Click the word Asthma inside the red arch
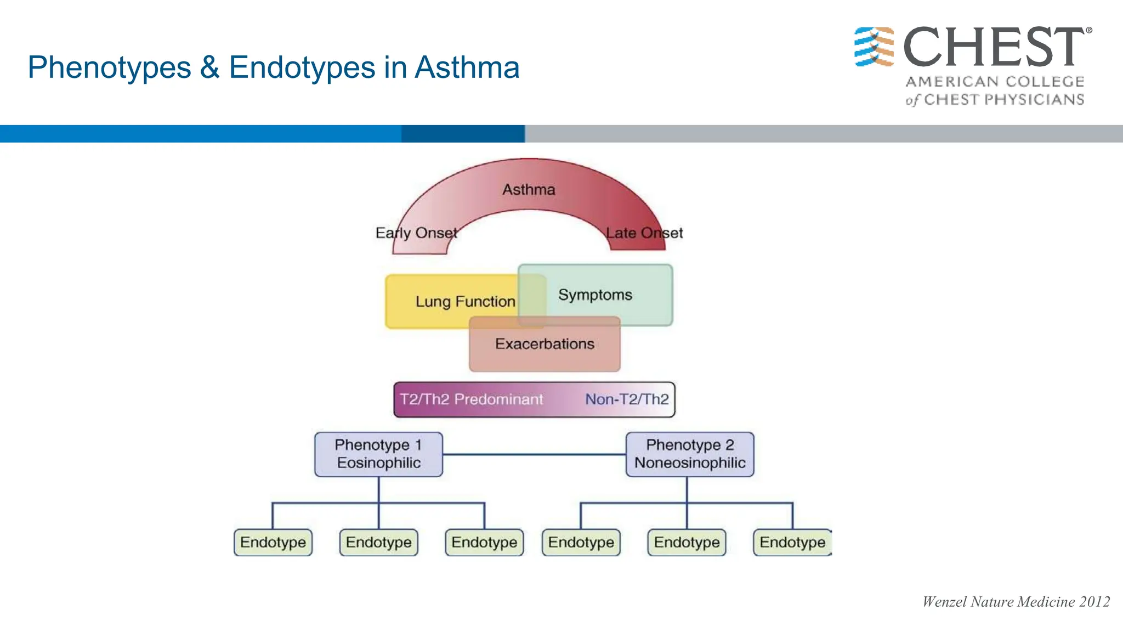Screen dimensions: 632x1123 coord(529,190)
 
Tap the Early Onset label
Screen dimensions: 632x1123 coord(416,233)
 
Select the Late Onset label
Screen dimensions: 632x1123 coord(644,233)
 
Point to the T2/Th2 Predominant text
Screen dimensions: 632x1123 coord(471,399)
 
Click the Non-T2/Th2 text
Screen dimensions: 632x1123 coord(627,399)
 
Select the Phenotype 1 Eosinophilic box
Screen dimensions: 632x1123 coord(378,454)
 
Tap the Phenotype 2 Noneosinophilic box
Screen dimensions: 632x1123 coord(690,454)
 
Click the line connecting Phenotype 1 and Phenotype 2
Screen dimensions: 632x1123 coord(535,454)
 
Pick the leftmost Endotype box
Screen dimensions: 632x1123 coord(273,543)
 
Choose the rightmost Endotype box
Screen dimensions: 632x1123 coord(792,543)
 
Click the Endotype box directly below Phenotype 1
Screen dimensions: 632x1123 coord(378,543)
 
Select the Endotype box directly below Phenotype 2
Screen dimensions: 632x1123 coord(687,543)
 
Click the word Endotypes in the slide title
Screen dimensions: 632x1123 coord(302,68)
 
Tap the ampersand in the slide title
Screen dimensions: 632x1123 coord(209,68)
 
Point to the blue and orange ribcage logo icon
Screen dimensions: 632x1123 coord(874,47)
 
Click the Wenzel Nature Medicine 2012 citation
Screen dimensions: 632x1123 coord(1016,602)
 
